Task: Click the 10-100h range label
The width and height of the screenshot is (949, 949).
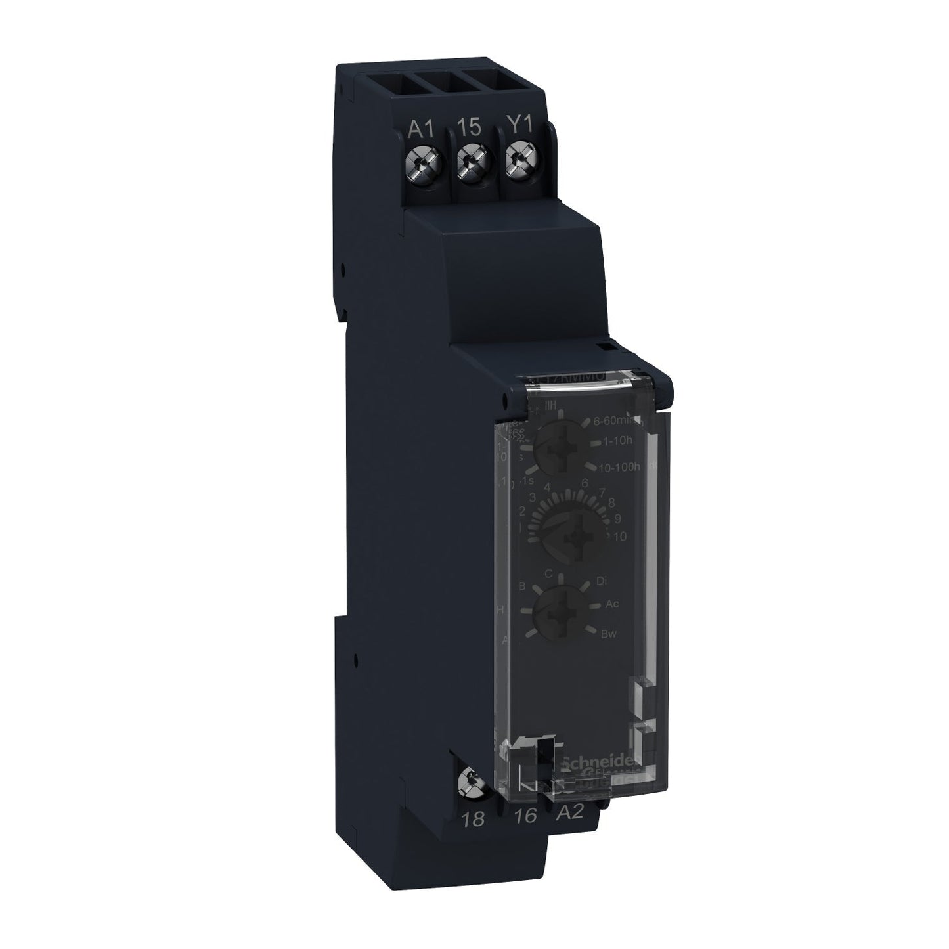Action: pyautogui.click(x=624, y=466)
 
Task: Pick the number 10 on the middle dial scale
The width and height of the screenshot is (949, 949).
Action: pyautogui.click(x=619, y=536)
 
